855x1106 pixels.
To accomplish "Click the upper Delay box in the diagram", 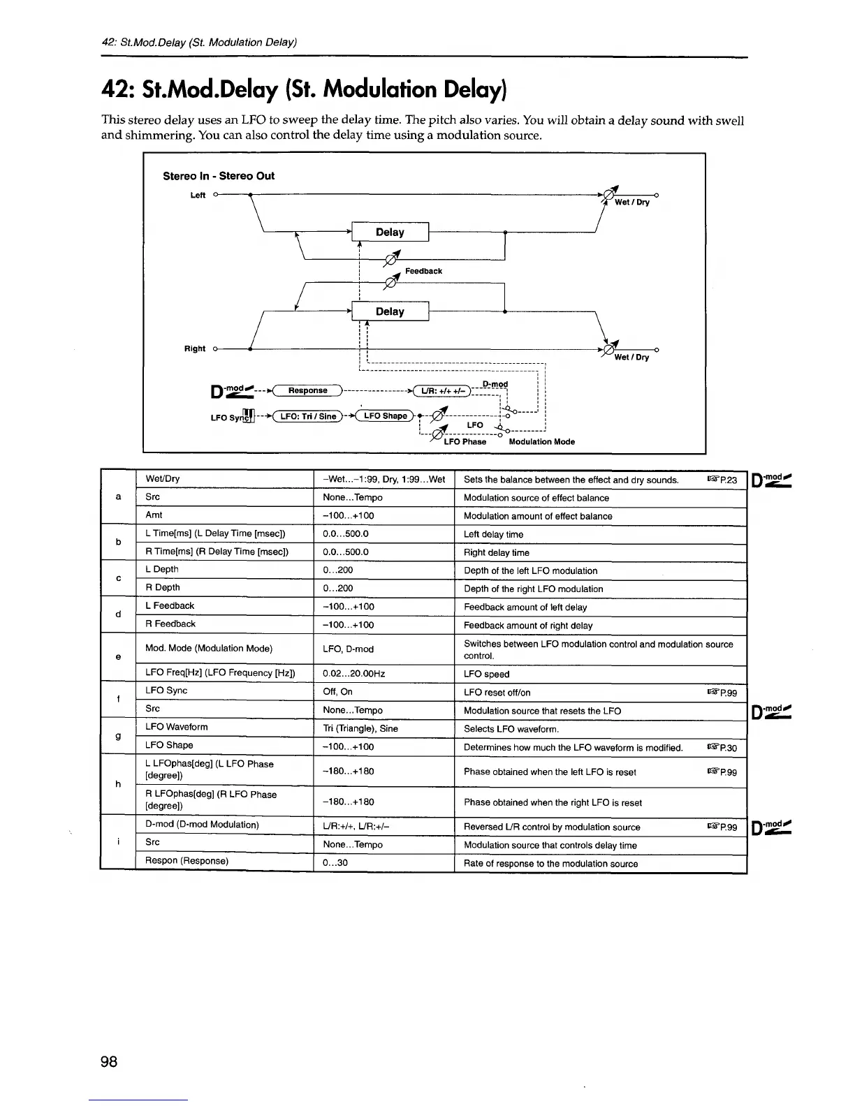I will [390, 232].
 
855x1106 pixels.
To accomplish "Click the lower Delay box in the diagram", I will [390, 311].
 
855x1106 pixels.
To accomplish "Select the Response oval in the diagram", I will [307, 390].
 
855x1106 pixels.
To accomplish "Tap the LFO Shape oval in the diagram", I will [385, 416].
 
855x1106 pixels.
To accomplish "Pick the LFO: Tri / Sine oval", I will [307, 417].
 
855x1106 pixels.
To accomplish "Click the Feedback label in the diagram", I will [423, 271].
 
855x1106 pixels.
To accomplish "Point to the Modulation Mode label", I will [541, 441].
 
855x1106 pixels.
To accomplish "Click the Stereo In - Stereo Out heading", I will [219, 176].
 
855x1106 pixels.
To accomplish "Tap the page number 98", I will [109, 1062].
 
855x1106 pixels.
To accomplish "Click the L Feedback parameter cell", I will [170, 606].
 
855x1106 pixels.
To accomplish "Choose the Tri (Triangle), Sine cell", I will [360, 728].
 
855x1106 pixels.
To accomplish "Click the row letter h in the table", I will [118, 784].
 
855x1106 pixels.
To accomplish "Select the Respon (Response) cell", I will [187, 861].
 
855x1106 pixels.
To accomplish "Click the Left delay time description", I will [493, 534].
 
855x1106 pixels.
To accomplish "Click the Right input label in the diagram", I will [195, 348].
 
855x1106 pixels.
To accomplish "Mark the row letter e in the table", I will [118, 657].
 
